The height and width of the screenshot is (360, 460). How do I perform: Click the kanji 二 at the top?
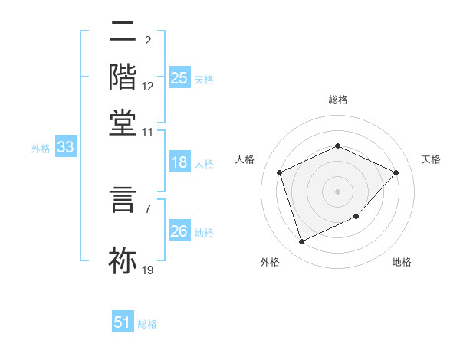click(x=123, y=32)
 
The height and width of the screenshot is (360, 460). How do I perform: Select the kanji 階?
click(x=123, y=77)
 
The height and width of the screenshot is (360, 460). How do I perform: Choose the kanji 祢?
click(x=123, y=259)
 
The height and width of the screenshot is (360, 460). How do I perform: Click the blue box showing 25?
click(x=179, y=78)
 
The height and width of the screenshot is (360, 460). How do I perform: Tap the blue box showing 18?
click(x=179, y=162)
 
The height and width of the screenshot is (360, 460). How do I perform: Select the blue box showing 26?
click(x=179, y=231)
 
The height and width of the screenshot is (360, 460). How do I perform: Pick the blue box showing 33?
click(x=65, y=148)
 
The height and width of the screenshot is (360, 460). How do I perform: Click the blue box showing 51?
click(x=123, y=322)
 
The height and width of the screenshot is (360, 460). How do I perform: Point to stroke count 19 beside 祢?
click(x=148, y=270)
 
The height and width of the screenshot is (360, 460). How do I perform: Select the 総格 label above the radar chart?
click(x=337, y=100)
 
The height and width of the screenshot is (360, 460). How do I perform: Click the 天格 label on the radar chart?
click(x=431, y=159)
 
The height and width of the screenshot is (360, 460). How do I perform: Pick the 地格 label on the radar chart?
click(x=402, y=262)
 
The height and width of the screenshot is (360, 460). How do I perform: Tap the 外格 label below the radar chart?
click(x=270, y=262)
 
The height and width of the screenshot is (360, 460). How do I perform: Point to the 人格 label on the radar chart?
click(x=245, y=159)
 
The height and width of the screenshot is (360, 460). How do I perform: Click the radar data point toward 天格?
click(x=396, y=172)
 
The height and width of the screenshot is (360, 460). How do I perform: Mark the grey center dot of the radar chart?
click(x=337, y=191)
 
